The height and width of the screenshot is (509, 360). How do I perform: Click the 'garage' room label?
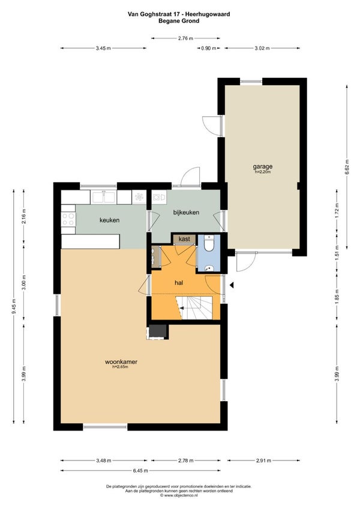[x=263, y=167]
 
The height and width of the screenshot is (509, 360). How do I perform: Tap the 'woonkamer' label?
[x=121, y=362]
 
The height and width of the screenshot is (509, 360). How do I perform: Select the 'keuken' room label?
[x=109, y=220]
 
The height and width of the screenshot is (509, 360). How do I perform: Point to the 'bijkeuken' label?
[x=186, y=213]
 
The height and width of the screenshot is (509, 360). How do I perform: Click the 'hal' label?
[x=179, y=283]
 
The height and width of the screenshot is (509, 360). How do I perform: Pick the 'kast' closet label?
[x=184, y=239]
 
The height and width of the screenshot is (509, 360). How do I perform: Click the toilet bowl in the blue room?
[x=208, y=243]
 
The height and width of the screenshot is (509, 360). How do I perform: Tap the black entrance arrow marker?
[x=232, y=285]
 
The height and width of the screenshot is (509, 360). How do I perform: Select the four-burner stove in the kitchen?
[x=68, y=219]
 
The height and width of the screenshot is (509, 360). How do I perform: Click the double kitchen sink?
[x=103, y=197]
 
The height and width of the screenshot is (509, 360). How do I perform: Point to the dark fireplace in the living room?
[x=158, y=332]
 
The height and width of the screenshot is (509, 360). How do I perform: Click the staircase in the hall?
[x=194, y=308]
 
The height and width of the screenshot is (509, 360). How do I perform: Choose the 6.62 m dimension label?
[x=347, y=167]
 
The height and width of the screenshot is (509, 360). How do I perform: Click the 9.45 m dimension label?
[x=14, y=307]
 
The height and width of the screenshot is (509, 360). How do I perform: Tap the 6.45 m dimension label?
[x=140, y=471]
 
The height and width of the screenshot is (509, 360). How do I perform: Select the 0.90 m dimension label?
[x=209, y=49]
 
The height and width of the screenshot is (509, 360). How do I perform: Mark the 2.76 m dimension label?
[x=185, y=38]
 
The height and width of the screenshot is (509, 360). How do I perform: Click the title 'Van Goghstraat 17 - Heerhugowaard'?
[x=179, y=14]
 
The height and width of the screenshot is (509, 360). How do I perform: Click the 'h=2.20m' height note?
[x=263, y=171]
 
